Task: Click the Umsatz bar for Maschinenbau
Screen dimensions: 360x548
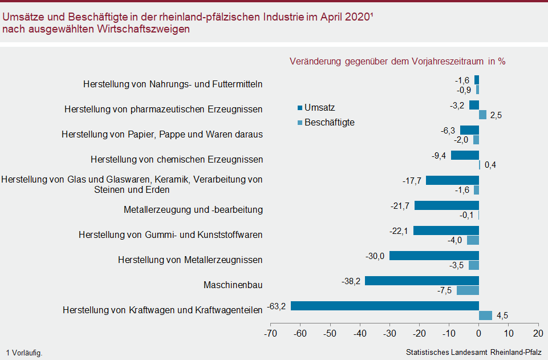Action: [421, 281]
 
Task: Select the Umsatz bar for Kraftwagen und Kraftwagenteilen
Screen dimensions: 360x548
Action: [385, 306]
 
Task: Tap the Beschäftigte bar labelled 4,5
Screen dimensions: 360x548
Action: [485, 315]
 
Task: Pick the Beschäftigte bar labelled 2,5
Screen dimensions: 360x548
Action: [482, 115]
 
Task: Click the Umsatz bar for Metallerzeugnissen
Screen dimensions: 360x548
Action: [434, 256]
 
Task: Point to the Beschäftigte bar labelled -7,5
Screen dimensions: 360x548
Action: [468, 290]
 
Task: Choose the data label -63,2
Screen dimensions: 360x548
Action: [277, 306]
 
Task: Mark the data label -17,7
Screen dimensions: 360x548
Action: [412, 180]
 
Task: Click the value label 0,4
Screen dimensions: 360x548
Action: [490, 165]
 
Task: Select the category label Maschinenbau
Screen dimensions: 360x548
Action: [233, 285]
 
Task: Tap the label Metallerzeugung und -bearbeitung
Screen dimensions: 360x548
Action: [193, 209]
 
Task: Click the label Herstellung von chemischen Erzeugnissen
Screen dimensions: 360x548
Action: [177, 159]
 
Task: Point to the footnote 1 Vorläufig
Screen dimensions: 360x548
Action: [24, 353]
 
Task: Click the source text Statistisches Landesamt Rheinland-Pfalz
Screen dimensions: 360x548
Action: [474, 353]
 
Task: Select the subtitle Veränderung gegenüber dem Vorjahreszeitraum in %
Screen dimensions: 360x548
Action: [397, 61]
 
